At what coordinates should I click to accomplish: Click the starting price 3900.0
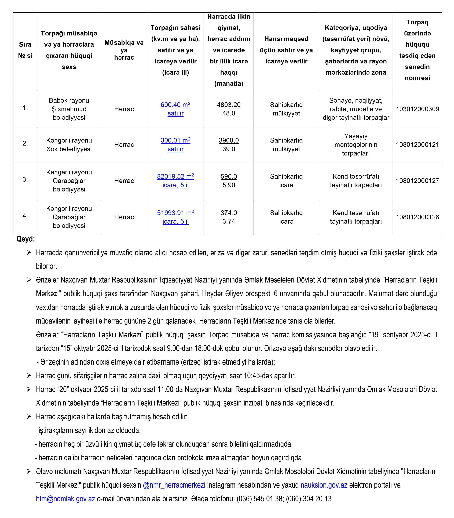coord(229,140)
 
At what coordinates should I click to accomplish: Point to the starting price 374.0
coord(229,213)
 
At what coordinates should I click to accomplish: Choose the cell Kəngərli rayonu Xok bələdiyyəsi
coord(69,145)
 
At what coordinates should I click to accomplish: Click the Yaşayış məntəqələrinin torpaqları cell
coord(356,145)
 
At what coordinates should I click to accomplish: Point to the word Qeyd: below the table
coord(26,239)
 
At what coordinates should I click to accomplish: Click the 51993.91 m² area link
coord(175,213)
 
